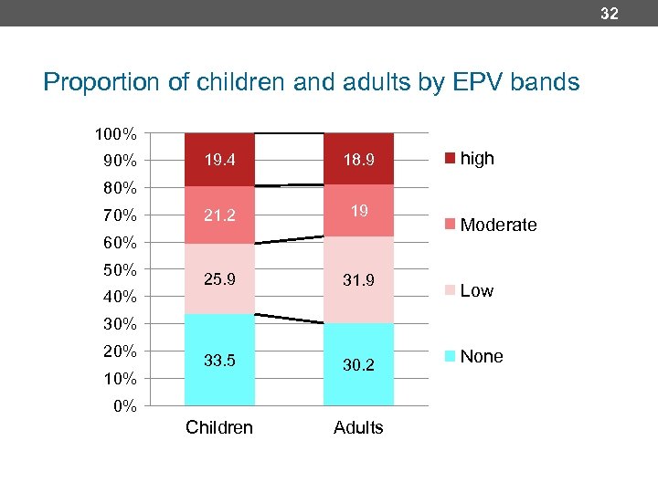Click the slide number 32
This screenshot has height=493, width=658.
point(610,13)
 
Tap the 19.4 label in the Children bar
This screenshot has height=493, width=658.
point(219,161)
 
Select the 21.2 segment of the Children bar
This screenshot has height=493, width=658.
point(219,215)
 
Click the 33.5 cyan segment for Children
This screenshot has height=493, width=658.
point(219,361)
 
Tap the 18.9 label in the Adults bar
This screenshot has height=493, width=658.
point(358,161)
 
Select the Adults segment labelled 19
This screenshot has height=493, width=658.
point(358,211)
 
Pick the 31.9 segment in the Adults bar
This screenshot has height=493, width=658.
point(358,280)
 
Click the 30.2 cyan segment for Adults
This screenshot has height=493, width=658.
point(358,364)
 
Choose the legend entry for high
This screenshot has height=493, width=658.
point(470,159)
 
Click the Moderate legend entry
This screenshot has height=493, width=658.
point(491,225)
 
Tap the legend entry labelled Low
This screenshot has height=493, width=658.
point(470,291)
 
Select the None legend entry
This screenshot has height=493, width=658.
point(474,357)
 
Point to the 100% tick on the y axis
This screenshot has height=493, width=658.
point(116,134)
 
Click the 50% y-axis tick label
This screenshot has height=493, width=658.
point(120,270)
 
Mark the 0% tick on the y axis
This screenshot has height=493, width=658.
point(124,406)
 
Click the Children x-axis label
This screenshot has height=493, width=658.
point(219,427)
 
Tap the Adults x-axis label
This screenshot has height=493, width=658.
point(358,427)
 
